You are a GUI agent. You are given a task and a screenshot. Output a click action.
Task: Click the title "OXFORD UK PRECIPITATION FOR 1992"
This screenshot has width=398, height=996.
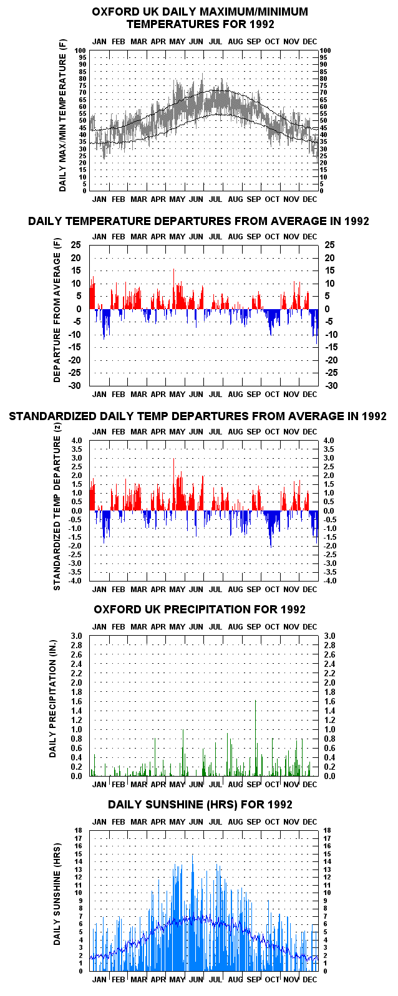click(200, 609)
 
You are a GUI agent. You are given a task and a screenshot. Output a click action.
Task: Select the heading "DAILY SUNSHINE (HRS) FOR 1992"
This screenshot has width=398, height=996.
click(200, 805)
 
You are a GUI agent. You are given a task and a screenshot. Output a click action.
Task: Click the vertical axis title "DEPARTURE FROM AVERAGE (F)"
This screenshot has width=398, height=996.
click(57, 311)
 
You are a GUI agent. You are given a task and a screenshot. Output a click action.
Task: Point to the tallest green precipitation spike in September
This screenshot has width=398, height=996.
click(256, 738)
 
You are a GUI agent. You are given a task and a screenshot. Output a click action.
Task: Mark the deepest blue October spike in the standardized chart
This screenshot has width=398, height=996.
click(271, 529)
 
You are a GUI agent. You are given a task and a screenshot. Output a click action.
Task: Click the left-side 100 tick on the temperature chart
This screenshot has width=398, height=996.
click(81, 50)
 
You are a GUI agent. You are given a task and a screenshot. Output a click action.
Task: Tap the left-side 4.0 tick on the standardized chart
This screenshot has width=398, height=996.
click(77, 441)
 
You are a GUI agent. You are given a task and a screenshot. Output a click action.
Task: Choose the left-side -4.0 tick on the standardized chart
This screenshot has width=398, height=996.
click(75, 581)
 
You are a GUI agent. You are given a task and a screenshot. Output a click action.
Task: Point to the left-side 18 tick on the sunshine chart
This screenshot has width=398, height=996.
click(79, 830)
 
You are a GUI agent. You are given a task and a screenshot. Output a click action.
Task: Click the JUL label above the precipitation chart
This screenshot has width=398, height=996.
click(215, 626)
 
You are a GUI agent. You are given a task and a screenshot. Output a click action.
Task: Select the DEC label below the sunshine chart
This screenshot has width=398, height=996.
click(310, 979)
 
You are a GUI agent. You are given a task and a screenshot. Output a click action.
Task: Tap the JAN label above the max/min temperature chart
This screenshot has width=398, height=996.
click(99, 41)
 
